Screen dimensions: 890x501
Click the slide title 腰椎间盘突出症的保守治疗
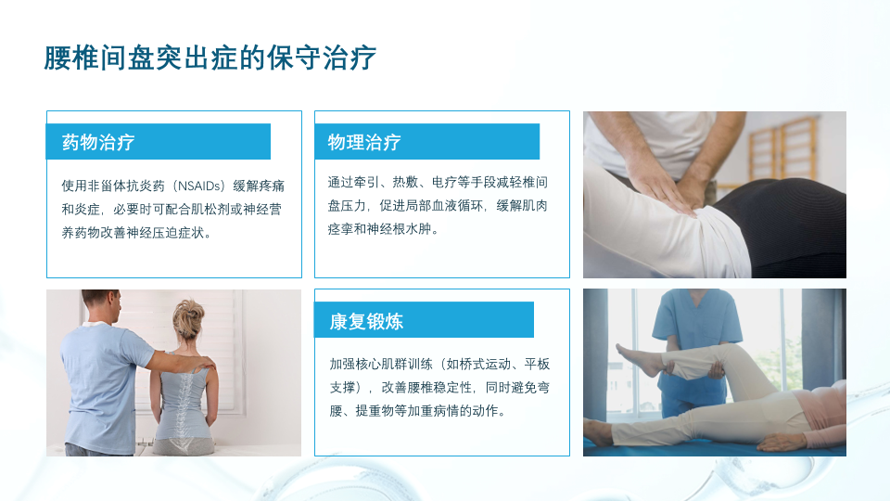point(210,58)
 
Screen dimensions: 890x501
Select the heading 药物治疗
point(98,142)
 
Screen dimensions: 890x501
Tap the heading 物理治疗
point(364,142)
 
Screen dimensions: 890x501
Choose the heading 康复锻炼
point(366,322)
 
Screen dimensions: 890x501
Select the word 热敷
point(405,182)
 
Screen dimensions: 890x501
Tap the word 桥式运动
point(478,364)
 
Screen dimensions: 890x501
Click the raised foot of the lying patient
point(633,357)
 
